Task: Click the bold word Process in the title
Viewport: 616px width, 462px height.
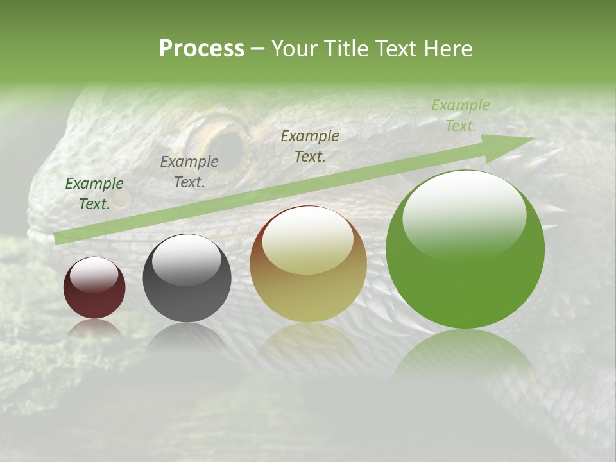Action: pos(201,49)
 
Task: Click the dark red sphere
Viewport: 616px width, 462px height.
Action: pos(94,288)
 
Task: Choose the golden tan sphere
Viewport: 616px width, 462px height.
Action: pos(309,264)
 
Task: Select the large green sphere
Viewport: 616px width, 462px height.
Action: pos(465,250)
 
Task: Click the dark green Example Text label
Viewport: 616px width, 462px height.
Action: pos(94,193)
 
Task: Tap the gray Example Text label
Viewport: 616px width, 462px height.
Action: pos(189,172)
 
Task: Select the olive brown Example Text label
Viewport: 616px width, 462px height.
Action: pos(310,146)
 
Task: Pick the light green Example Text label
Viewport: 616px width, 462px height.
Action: pos(460,116)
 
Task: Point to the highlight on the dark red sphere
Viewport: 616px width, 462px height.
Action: pos(94,274)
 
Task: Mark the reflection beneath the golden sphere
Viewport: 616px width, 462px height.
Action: pos(309,340)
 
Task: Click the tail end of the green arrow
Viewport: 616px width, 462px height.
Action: pos(59,238)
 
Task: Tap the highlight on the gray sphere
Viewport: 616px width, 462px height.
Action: pos(186,258)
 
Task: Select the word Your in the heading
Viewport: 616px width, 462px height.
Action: pos(295,49)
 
